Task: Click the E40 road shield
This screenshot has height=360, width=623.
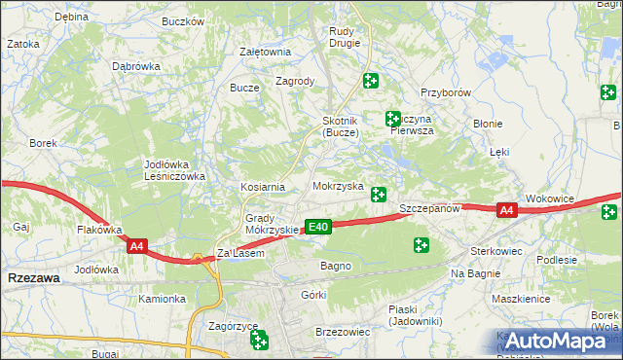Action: tap(318, 227)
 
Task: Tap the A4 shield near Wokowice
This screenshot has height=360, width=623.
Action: tap(506, 210)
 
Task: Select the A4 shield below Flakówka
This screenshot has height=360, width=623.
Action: tap(136, 247)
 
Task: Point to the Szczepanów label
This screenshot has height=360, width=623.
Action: tap(429, 209)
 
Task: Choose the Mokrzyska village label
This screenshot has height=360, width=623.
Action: tap(338, 185)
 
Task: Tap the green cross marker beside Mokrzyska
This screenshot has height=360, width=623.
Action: tap(379, 195)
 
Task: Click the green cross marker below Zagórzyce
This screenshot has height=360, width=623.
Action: tap(259, 340)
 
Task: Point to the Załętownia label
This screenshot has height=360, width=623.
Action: tap(265, 52)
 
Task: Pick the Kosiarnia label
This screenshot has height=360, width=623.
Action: tap(263, 187)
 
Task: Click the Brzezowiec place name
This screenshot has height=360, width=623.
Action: tap(343, 332)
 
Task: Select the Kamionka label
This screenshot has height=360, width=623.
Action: tap(161, 299)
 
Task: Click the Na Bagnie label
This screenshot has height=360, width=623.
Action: tap(474, 274)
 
